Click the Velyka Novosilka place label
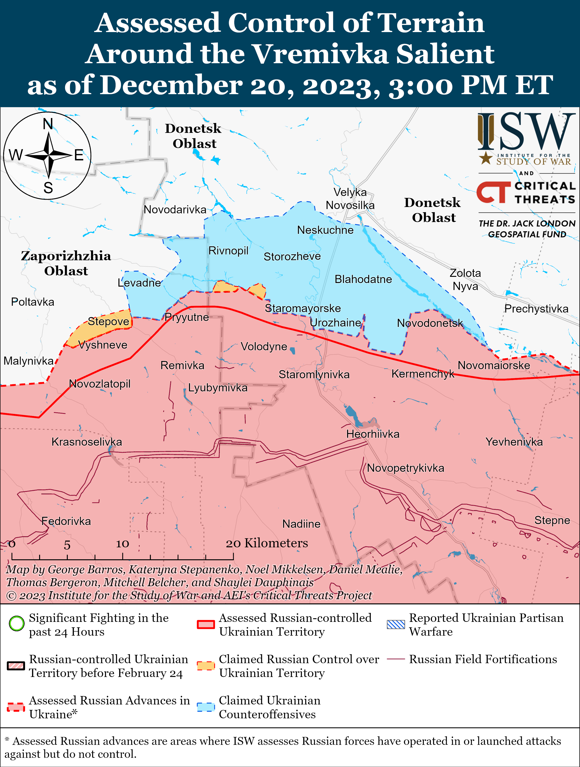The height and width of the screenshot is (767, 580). [350, 199]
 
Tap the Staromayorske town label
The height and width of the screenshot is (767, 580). [303, 308]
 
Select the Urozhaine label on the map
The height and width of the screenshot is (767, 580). [335, 323]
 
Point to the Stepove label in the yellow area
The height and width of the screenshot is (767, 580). [108, 321]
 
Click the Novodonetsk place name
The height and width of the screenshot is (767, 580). [430, 323]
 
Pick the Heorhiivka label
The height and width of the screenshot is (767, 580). [373, 434]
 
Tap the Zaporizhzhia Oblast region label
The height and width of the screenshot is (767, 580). [66, 263]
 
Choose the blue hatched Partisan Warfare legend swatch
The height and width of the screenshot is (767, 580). [396, 624]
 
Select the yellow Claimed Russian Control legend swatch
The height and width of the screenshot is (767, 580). [206, 666]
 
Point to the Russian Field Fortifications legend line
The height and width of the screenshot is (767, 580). [396, 659]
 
